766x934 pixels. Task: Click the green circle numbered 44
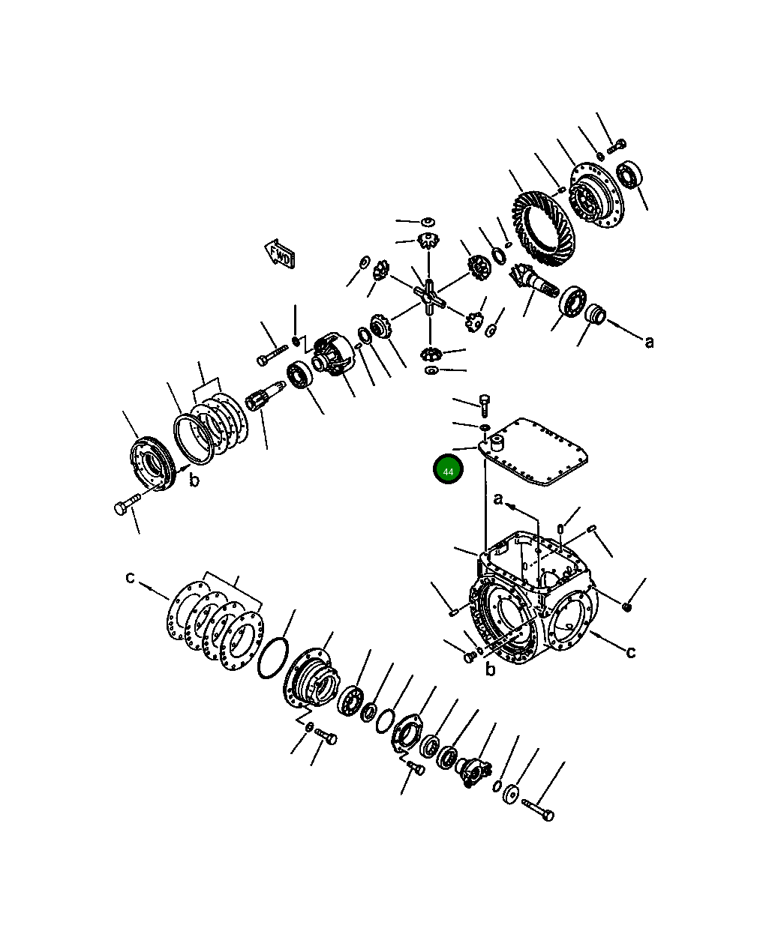(x=448, y=469)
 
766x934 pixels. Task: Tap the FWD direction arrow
(x=280, y=255)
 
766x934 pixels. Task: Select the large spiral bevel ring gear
(x=542, y=229)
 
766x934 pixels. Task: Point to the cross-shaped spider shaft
(x=430, y=297)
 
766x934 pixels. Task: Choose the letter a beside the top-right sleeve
(x=649, y=342)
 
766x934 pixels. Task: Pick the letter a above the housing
(x=499, y=499)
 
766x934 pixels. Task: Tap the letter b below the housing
(x=490, y=669)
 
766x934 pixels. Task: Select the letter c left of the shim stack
(x=130, y=577)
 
